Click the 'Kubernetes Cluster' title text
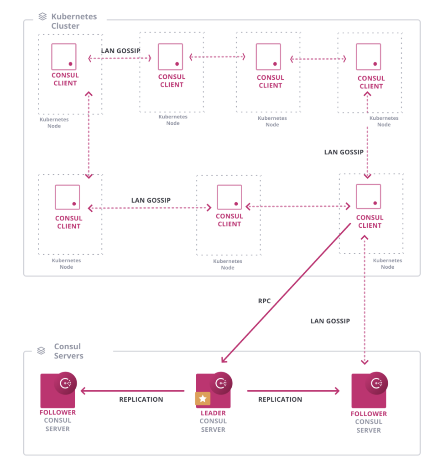click(74, 21)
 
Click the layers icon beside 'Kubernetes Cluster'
click(42, 17)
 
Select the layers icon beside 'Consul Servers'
click(42, 351)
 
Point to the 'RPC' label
click(264, 301)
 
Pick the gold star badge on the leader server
click(203, 398)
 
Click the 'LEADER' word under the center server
click(213, 414)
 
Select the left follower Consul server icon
click(58, 390)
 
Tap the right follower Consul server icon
click(369, 390)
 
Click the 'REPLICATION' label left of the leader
click(141, 399)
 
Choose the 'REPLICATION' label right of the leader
click(280, 399)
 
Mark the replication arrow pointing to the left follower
click(132, 390)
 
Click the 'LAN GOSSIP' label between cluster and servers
click(330, 321)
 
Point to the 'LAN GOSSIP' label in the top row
click(120, 51)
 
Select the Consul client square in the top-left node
click(64, 56)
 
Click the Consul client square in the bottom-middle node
click(229, 197)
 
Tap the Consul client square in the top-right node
click(368, 56)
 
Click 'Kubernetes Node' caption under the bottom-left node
click(67, 264)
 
